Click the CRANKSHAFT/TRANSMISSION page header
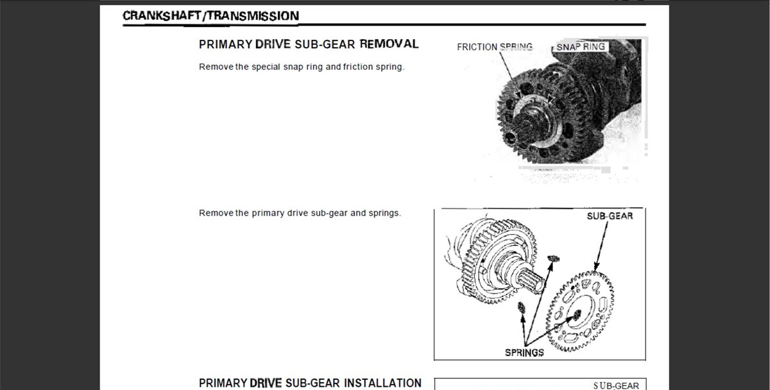point(210,16)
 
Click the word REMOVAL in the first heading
point(389,44)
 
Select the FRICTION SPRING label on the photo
point(495,47)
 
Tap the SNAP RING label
point(581,47)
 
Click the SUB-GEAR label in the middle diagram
point(610,216)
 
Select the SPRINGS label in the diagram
point(524,353)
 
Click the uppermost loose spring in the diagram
point(553,259)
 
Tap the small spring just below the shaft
point(522,307)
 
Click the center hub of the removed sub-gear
point(578,314)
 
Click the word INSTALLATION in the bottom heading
point(382,383)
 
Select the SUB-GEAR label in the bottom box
point(616,386)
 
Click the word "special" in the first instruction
point(266,67)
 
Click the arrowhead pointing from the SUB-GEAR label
point(596,267)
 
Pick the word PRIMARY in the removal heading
point(226,44)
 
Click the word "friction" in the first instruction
point(358,67)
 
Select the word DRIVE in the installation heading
point(266,383)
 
